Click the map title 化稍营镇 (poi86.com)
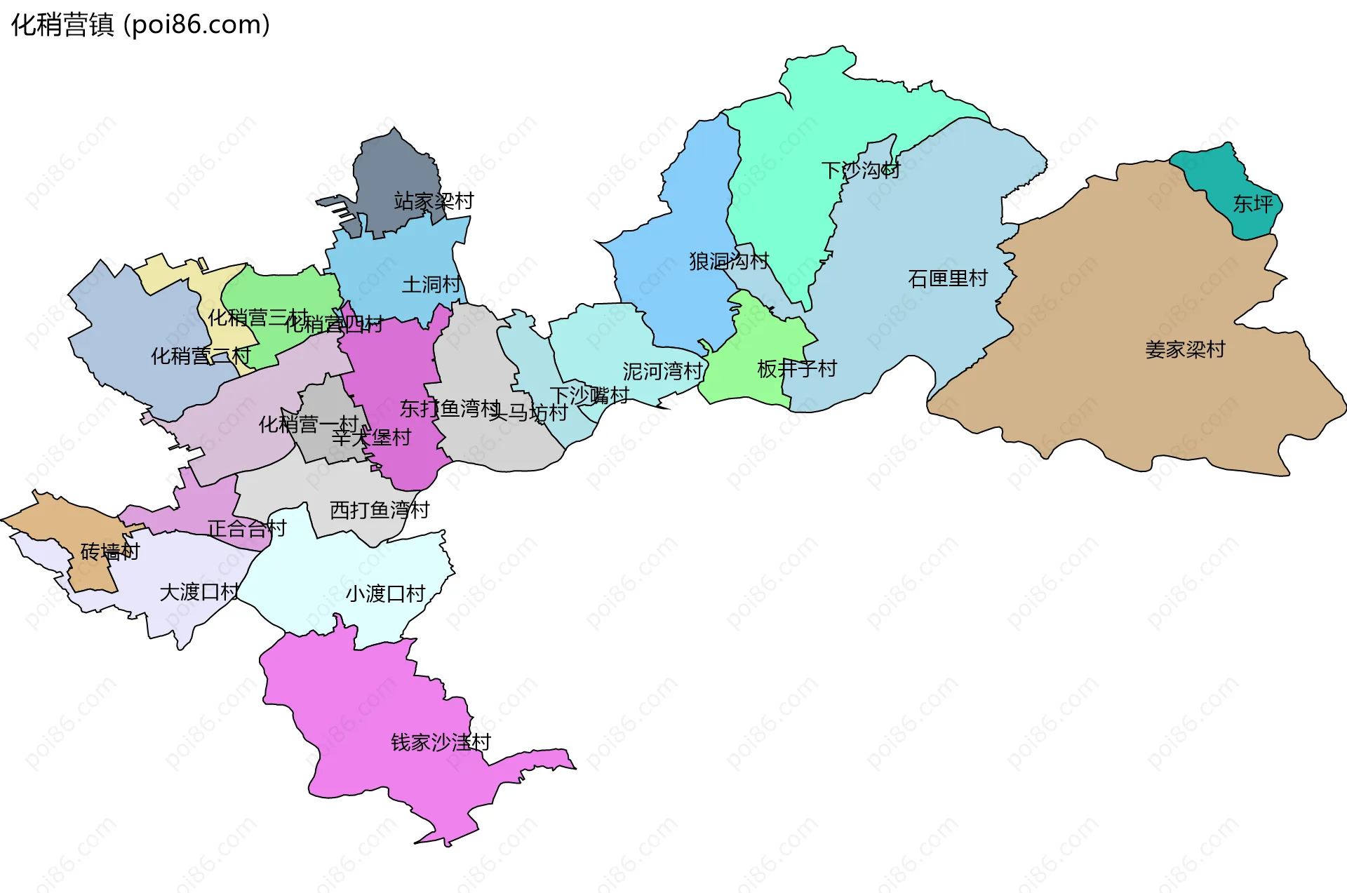pos(140,25)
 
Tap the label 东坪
pos(1253,204)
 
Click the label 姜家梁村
pos(1185,349)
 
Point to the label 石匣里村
pos(948,279)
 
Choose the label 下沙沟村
pos(861,170)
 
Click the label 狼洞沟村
pos(729,262)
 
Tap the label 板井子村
pos(797,369)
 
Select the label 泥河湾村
pos(662,372)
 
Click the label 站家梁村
pos(434,202)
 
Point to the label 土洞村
pos(431,285)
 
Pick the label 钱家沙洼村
pos(441,742)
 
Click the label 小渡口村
pos(385,594)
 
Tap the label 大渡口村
pos(199,593)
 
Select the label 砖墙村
pos(110,552)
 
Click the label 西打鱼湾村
pos(380,510)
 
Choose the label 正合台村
pos(247,529)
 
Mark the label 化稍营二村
pos(201,356)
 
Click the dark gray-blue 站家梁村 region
pos(393,168)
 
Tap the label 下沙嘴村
pos(589,396)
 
